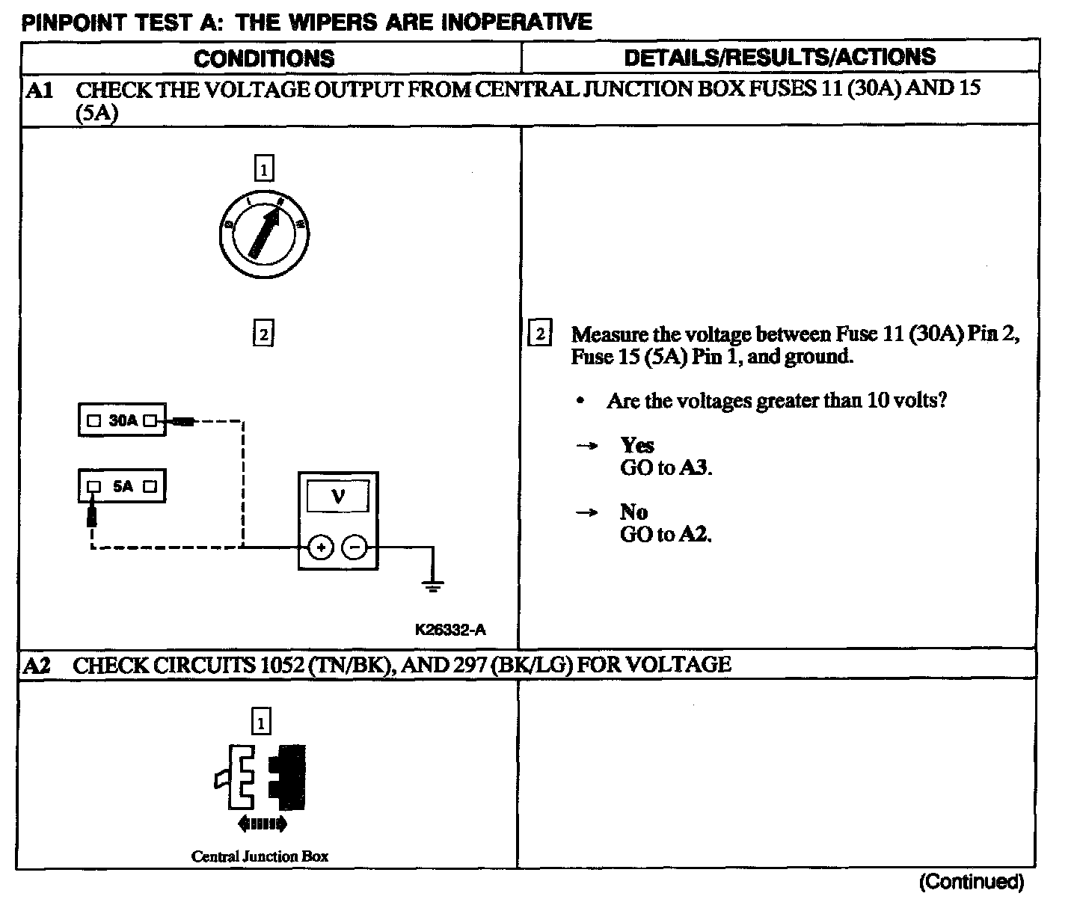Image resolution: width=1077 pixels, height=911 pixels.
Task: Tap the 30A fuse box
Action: (122, 420)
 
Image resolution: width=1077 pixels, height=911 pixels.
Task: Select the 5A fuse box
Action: (122, 486)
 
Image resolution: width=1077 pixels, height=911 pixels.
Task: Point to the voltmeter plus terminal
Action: (321, 548)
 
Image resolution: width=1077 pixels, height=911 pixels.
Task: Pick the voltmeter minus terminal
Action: (355, 548)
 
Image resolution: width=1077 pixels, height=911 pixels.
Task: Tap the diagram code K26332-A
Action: (449, 630)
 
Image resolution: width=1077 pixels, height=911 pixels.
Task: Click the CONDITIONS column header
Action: (264, 58)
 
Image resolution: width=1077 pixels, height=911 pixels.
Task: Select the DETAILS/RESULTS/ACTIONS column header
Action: (779, 57)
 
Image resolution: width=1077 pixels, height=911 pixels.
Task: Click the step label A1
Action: (39, 91)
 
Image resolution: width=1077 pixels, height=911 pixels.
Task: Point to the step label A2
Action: (37, 665)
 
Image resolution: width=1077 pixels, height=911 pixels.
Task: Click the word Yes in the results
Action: (637, 446)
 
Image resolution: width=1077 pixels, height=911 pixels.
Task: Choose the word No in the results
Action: (633, 512)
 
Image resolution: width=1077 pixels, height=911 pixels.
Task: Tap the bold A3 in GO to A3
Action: (695, 468)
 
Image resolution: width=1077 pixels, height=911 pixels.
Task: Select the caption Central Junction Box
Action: (260, 856)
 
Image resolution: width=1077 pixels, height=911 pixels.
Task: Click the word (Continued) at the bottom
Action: (971, 882)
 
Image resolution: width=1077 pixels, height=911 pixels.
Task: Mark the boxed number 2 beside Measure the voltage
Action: (540, 333)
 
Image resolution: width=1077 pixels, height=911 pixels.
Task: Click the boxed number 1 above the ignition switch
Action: (264, 168)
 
